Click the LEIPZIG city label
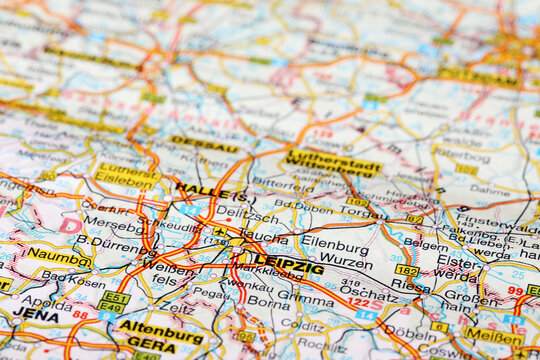288,265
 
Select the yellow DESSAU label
204,145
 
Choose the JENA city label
35,313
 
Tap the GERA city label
150,343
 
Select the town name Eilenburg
335,242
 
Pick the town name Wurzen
345,262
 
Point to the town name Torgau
364,212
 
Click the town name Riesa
411,285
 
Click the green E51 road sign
114,298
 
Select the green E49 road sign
110,309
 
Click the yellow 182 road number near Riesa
406,270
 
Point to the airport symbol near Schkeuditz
218,232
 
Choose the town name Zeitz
181,310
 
